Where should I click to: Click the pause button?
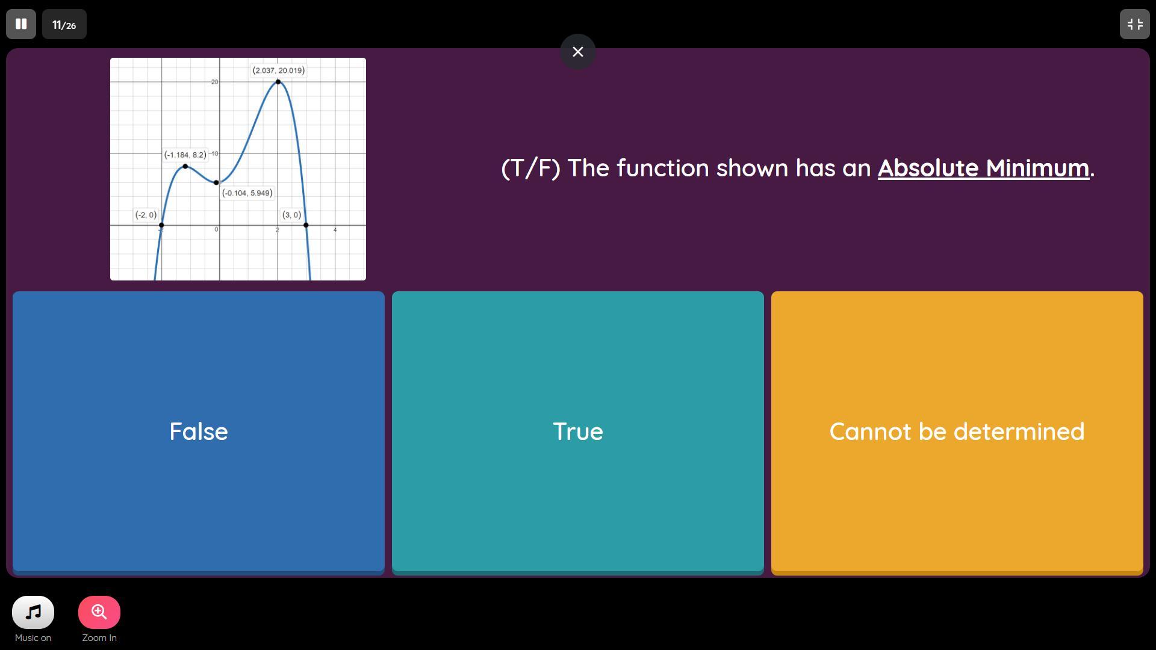21,24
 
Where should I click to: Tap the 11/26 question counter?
64,24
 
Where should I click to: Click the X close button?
578,52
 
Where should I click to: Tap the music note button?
33,612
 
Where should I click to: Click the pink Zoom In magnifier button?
99,612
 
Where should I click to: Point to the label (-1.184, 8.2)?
185,155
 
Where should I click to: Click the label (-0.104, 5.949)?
247,193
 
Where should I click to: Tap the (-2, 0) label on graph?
146,215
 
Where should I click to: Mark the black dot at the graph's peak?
278,81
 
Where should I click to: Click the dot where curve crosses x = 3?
306,225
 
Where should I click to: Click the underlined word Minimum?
1037,168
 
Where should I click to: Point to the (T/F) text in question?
530,169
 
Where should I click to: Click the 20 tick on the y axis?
215,82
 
